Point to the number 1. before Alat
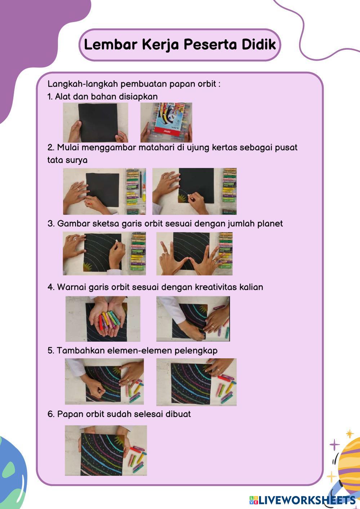tap(50, 97)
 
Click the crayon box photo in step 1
tap(166, 123)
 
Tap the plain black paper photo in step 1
tap(95, 123)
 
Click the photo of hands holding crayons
tap(103, 319)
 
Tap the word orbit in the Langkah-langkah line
tap(207, 84)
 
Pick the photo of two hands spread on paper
tap(195, 253)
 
